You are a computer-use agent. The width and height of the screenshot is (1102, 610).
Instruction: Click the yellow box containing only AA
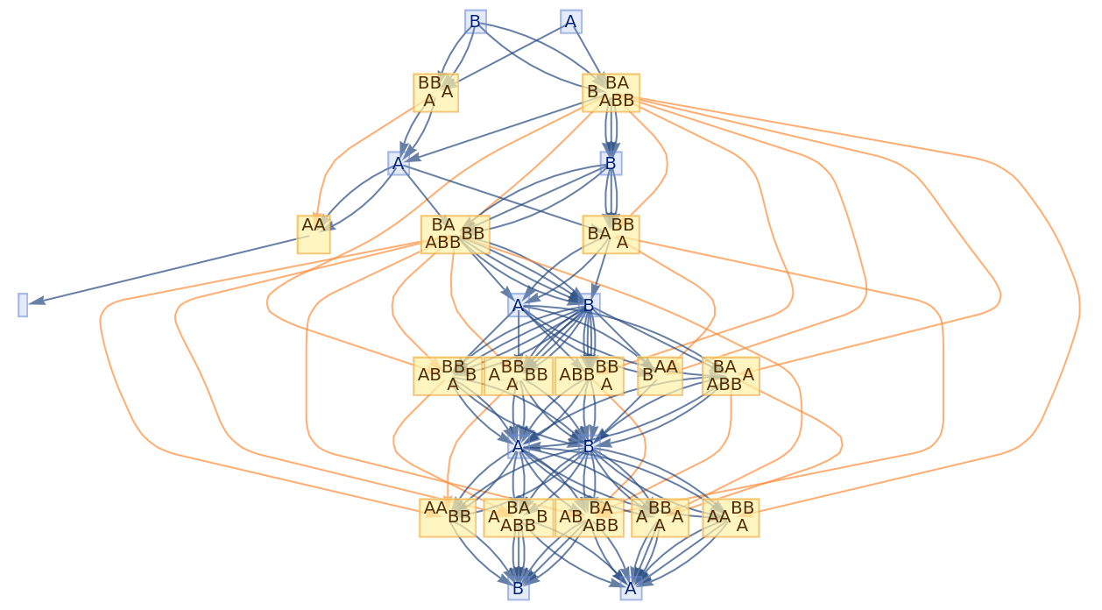click(x=314, y=234)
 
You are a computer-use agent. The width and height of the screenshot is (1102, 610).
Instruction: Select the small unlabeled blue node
click(x=23, y=305)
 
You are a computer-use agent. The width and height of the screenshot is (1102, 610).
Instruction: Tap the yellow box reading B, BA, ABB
click(x=611, y=93)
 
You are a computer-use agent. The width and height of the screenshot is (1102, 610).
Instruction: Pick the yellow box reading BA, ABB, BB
click(x=455, y=234)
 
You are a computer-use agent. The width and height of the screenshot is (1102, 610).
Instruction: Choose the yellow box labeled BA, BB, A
click(x=611, y=234)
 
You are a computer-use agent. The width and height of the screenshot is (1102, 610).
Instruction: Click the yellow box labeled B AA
click(x=660, y=376)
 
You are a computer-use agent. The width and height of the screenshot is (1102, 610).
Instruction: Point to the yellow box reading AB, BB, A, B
click(x=448, y=376)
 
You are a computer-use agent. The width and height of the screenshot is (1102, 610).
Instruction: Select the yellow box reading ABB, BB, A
click(x=589, y=376)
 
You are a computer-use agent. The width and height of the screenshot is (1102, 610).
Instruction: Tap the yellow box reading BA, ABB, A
click(x=731, y=376)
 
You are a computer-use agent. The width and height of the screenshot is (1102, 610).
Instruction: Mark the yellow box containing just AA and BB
click(x=448, y=517)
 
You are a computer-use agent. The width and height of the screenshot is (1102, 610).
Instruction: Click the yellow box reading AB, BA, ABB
click(x=589, y=517)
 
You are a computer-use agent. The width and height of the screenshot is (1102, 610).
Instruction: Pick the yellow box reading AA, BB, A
click(x=731, y=517)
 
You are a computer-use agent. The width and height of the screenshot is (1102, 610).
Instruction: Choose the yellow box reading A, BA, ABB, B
click(x=518, y=517)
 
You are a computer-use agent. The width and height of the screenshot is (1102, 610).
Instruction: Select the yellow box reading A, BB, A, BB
click(x=518, y=376)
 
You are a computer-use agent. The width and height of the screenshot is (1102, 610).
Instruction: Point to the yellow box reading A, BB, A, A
click(x=660, y=517)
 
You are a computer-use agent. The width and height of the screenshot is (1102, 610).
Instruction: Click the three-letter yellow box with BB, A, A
click(x=435, y=93)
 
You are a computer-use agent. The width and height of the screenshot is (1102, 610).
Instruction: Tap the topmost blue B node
click(x=475, y=22)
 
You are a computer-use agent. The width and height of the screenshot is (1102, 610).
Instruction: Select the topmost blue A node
click(x=571, y=22)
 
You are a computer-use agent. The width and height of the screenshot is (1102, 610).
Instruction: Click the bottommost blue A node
click(x=631, y=588)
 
